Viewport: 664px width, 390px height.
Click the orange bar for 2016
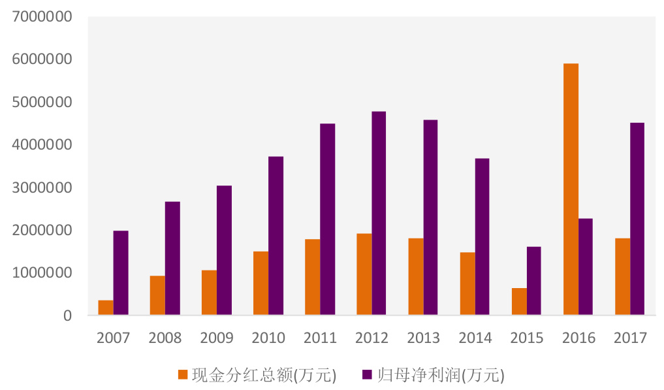(571, 189)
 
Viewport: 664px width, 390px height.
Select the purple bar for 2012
(379, 214)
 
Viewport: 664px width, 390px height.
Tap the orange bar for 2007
(106, 308)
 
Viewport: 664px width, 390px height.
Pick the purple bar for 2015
(534, 281)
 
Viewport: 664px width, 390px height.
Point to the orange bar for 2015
(519, 302)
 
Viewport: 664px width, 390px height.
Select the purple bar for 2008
(172, 259)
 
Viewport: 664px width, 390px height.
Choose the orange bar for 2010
(261, 284)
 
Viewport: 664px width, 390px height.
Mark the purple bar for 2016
(586, 267)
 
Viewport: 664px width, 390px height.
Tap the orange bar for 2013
(416, 277)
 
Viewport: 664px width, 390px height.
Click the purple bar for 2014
(482, 237)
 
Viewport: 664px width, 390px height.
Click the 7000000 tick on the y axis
(41, 17)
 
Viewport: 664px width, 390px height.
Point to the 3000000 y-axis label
(41, 187)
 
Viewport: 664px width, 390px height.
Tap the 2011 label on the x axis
(320, 338)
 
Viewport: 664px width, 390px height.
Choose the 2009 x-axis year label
(217, 338)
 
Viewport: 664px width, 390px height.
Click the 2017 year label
(630, 338)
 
